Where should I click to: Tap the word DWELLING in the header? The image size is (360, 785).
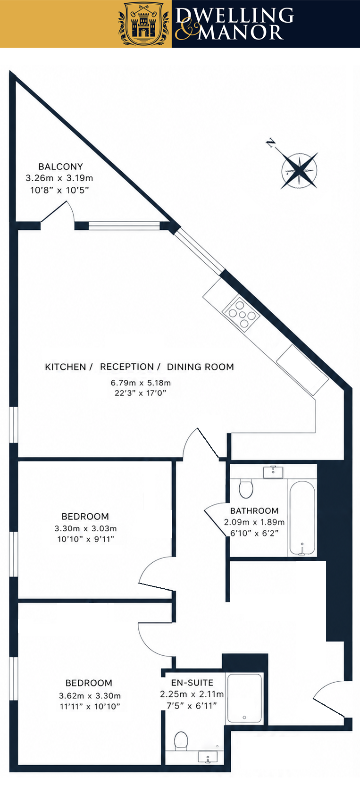tap(234, 16)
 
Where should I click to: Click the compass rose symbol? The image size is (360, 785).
tap(300, 170)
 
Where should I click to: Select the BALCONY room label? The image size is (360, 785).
tap(61, 167)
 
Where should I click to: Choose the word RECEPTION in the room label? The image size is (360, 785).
tap(127, 367)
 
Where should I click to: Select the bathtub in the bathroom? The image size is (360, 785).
tap(302, 518)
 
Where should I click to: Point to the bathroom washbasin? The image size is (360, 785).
tap(273, 472)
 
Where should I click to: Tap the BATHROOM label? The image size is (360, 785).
tap(254, 510)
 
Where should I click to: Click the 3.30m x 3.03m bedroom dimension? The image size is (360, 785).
tap(85, 528)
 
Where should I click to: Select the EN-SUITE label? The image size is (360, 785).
tap(192, 683)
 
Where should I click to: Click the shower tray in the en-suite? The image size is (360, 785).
tap(245, 698)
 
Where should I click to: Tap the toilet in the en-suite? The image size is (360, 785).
tap(181, 741)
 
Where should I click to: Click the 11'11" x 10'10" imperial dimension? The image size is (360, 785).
tap(90, 706)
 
